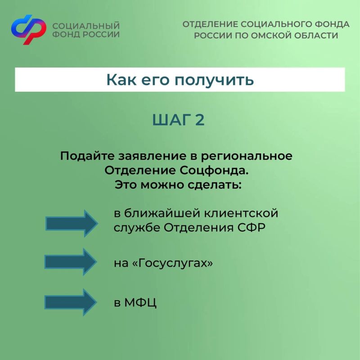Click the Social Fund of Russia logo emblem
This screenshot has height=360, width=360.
pyautogui.click(x=29, y=29)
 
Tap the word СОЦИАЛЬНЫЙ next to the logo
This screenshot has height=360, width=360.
pyautogui.click(x=86, y=26)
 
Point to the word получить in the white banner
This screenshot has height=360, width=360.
pyautogui.click(x=214, y=81)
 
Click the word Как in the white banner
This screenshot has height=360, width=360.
pyautogui.click(x=121, y=80)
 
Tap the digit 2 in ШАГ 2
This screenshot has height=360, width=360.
pyautogui.click(x=200, y=120)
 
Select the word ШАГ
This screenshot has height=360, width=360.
pyautogui.click(x=172, y=120)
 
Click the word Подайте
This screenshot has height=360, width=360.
pyautogui.click(x=87, y=156)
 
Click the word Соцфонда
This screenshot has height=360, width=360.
pyautogui.click(x=214, y=171)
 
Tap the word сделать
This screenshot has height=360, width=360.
pyautogui.click(x=215, y=185)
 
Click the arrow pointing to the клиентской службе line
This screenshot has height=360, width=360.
pyautogui.click(x=72, y=223)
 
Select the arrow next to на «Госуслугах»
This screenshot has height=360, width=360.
pyautogui.click(x=71, y=262)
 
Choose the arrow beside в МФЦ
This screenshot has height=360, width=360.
pyautogui.click(x=71, y=302)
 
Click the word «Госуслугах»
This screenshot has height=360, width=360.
pyautogui.click(x=173, y=263)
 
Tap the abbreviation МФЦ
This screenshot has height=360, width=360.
pyautogui.click(x=140, y=303)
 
